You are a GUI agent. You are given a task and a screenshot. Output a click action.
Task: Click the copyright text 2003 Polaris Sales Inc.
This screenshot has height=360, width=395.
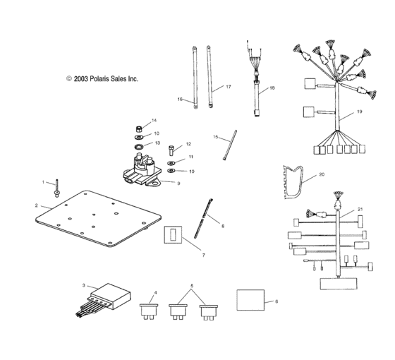pyautogui.click(x=102, y=78)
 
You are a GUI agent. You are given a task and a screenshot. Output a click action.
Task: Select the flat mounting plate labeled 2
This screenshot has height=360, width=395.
pyautogui.click(x=98, y=218)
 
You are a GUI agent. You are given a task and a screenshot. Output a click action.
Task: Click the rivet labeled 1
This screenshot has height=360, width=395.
pyautogui.click(x=57, y=188)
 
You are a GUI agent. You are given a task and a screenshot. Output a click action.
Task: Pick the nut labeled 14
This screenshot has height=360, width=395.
pyautogui.click(x=139, y=129)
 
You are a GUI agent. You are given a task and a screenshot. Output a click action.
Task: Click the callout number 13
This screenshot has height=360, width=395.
pyautogui.click(x=157, y=143)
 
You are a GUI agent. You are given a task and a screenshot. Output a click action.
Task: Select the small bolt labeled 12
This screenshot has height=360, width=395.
pyautogui.click(x=171, y=150)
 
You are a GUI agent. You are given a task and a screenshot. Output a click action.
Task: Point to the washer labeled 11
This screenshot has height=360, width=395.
pyautogui.click(x=171, y=162)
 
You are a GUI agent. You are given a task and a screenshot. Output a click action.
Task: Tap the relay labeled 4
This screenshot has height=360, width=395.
pyautogui.click(x=149, y=311)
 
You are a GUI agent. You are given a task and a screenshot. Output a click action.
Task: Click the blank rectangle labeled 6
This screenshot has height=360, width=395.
pyautogui.click(x=250, y=300)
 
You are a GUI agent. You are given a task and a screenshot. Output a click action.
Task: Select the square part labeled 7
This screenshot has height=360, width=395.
pyautogui.click(x=173, y=234)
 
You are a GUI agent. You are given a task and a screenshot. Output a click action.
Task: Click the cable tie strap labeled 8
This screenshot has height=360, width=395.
pyautogui.click(x=203, y=218)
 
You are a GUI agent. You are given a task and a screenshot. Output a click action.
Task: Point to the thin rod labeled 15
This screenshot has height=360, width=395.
pyautogui.click(x=230, y=145)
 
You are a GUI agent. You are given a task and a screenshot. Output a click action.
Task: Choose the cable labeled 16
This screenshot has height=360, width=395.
pyautogui.click(x=195, y=78)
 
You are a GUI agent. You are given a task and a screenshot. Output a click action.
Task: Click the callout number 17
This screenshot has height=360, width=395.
pyautogui.click(x=229, y=87)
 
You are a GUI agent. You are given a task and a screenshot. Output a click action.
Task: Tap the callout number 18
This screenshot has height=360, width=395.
pyautogui.click(x=272, y=88)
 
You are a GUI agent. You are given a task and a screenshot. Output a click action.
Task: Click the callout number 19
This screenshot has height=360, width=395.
pyautogui.click(x=360, y=112)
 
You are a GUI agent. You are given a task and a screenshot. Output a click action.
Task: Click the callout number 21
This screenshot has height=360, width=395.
pyautogui.click(x=360, y=209)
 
